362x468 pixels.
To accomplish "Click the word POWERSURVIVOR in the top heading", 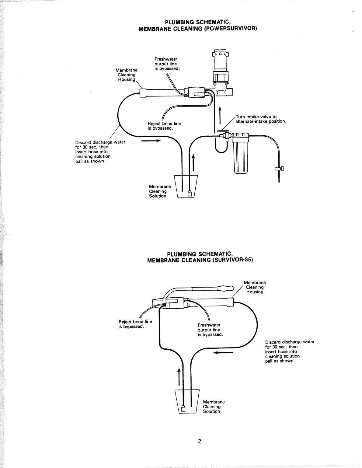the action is pyautogui.click(x=231, y=29).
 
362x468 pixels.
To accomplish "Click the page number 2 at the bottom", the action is pyautogui.click(x=199, y=441).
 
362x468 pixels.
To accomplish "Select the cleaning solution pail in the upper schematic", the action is pyautogui.click(x=186, y=187).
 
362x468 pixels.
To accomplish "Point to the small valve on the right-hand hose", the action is pyautogui.click(x=279, y=168).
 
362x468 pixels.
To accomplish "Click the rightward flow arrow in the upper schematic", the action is pyautogui.click(x=151, y=141).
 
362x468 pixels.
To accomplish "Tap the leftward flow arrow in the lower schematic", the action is pyautogui.click(x=223, y=353).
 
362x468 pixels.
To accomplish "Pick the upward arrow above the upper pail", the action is pyautogui.click(x=193, y=162).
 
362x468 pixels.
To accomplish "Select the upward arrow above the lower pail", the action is pyautogui.click(x=179, y=376).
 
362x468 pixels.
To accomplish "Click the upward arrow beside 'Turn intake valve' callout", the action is pyautogui.click(x=220, y=115).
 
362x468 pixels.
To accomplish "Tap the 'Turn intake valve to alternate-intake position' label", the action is pyautogui.click(x=261, y=119).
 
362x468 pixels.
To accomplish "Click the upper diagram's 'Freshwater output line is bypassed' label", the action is pyautogui.click(x=167, y=64).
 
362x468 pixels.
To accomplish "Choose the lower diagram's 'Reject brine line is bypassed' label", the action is pyautogui.click(x=135, y=324).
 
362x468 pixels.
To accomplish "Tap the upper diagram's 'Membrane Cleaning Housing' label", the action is pyautogui.click(x=127, y=75).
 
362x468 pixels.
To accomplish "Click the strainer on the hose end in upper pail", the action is pyautogui.click(x=190, y=194).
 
